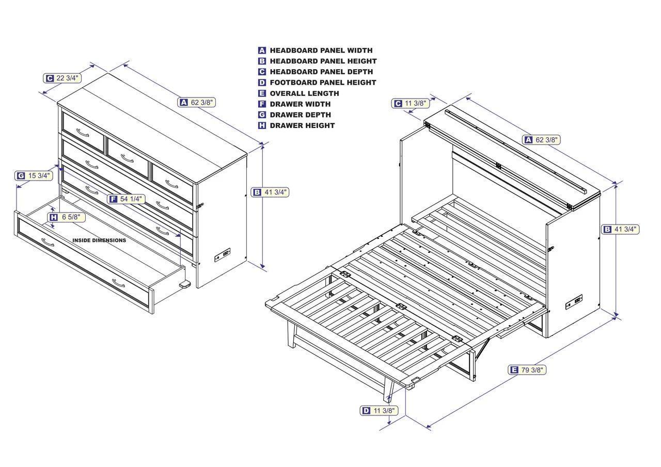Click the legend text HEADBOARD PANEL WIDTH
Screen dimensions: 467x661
[321, 51]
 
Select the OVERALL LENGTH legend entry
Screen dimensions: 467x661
[304, 93]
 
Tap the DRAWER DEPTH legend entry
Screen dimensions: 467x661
[300, 115]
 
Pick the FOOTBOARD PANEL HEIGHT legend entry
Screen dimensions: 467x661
[323, 83]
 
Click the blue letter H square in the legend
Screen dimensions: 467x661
[262, 125]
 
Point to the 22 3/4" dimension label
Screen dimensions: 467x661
[62, 78]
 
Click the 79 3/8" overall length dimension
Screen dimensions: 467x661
[527, 369]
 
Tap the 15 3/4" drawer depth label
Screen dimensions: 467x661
[34, 175]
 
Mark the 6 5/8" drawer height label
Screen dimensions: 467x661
[67, 217]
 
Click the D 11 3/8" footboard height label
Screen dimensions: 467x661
[379, 410]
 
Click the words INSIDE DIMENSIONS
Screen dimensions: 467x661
[99, 240]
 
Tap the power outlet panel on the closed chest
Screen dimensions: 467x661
[223, 254]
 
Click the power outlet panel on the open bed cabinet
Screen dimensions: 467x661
[574, 302]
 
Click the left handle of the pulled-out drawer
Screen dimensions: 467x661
[48, 243]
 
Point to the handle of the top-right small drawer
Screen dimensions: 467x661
[171, 183]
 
